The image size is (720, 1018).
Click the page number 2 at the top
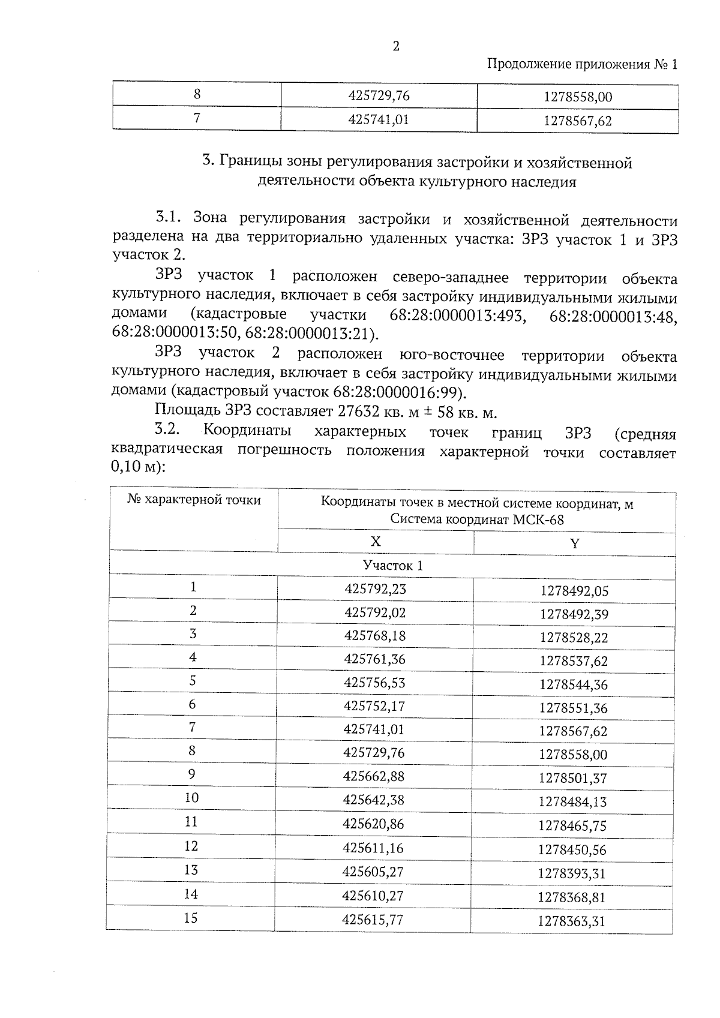click(395, 47)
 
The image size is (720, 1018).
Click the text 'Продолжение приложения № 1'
click(581, 64)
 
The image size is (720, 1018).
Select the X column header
click(376, 542)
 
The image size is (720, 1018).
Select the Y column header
click(574, 543)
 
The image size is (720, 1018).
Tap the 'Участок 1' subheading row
click(392, 565)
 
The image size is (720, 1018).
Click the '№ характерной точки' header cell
click(194, 500)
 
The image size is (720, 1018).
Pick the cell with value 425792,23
click(375, 589)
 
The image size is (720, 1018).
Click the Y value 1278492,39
click(574, 614)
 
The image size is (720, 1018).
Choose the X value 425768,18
click(375, 635)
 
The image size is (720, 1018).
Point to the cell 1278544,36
click(574, 684)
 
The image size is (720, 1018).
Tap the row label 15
click(191, 918)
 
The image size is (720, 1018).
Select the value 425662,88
click(374, 776)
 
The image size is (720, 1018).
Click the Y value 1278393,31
click(572, 873)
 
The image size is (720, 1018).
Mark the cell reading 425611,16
click(373, 848)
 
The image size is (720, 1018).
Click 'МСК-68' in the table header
click(538, 519)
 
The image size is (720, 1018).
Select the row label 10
click(191, 797)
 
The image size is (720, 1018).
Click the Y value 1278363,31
click(571, 921)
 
